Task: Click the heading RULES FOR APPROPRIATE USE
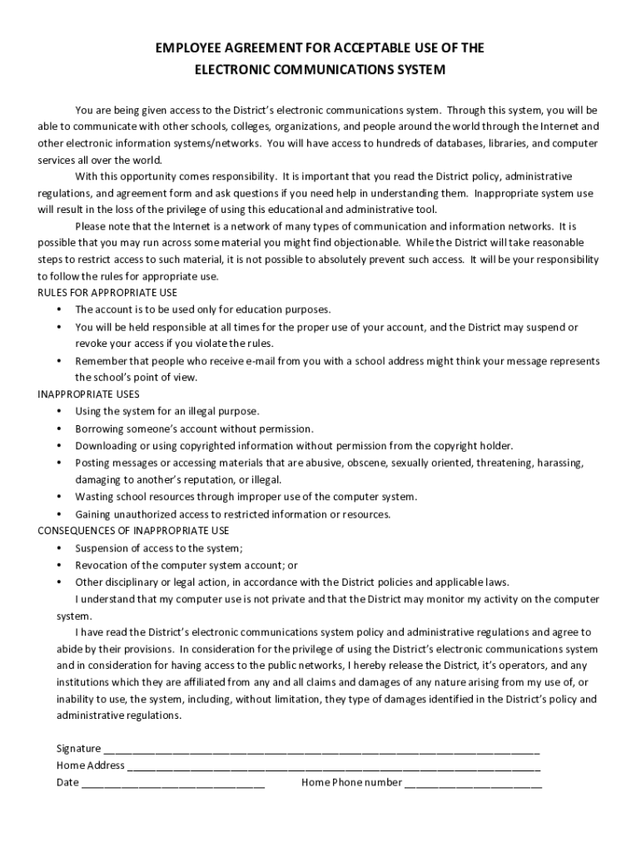coord(107,292)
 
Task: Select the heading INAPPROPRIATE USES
coord(89,394)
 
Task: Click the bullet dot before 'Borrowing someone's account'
coord(59,428)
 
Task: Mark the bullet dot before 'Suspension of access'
coord(59,548)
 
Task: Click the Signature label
coord(79,748)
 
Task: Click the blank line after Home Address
coord(333,766)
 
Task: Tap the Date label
coord(67,782)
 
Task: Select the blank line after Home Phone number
coord(473,784)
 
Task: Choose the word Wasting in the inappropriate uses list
coord(94,497)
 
